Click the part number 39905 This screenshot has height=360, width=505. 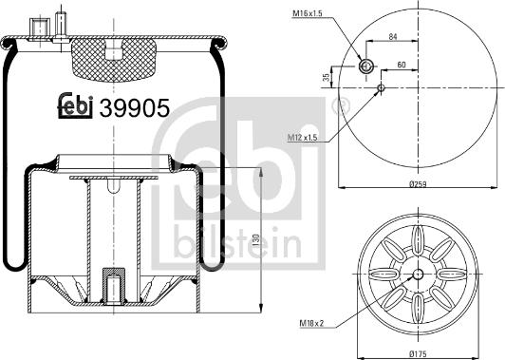coord(135,108)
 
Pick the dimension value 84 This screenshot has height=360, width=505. coord(393,38)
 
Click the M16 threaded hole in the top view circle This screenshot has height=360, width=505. coord(366,66)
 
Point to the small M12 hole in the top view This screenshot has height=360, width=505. coord(381,89)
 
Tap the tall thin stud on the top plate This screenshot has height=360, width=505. coord(60,23)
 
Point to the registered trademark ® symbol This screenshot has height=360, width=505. coord(333,107)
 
